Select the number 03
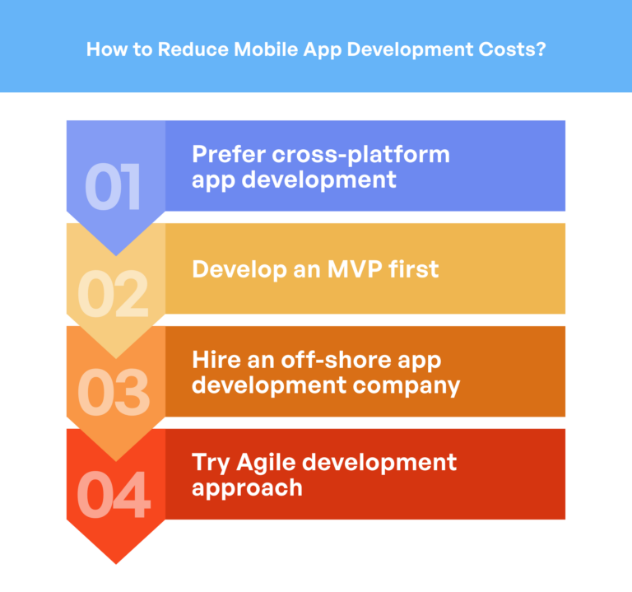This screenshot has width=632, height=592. point(114,393)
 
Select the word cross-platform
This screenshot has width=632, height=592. point(362,155)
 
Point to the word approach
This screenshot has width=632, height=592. point(246,487)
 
